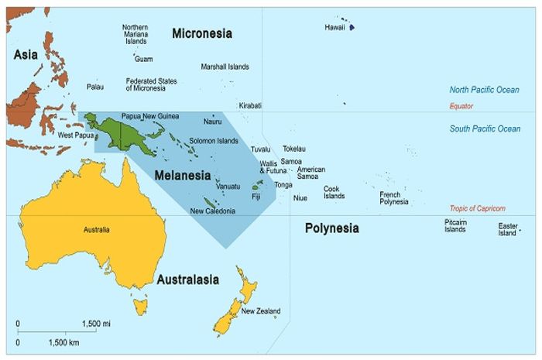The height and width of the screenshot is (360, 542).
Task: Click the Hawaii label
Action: pos(334,28)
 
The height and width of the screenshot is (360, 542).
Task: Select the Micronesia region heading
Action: pos(203,33)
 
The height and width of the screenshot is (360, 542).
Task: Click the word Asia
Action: pos(26,54)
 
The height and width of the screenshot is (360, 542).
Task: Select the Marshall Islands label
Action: pos(225,67)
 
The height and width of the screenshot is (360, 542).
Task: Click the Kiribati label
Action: pos(250,105)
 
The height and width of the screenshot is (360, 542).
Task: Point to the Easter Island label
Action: pos(507,229)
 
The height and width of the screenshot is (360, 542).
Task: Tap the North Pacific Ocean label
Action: pos(485,90)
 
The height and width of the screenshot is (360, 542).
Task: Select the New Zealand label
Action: pos(261,312)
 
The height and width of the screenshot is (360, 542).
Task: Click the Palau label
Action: pos(95,87)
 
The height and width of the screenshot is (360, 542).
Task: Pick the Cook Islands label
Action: pos(334,192)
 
